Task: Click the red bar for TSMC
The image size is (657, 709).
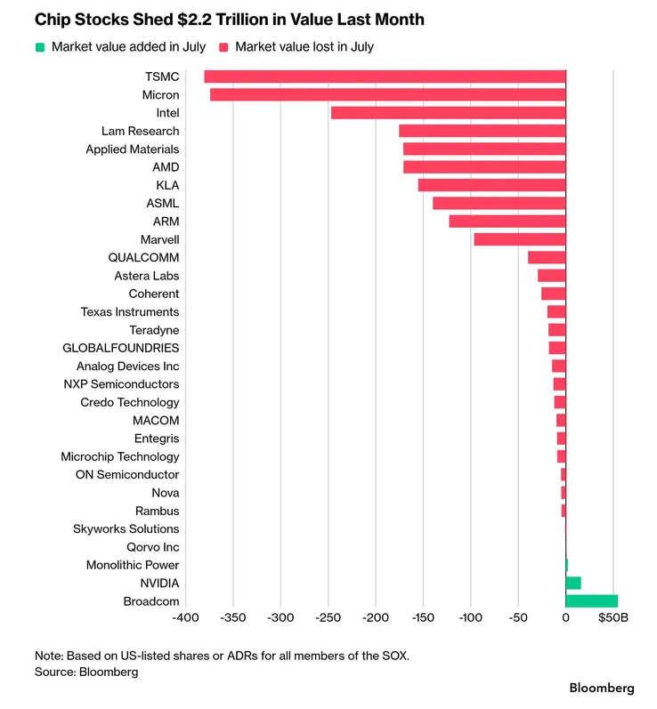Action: coord(385,77)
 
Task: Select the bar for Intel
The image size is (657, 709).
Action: coord(449,113)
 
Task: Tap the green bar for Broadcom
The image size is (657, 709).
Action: coord(592,601)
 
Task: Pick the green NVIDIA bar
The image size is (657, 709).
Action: coord(573,583)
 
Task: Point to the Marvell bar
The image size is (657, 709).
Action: coord(520,239)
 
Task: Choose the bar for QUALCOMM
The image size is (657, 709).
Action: coord(547,257)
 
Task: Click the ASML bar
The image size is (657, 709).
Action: coord(499,203)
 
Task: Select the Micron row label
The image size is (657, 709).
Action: coord(160,95)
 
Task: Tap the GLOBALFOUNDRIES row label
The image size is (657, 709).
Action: coord(121,348)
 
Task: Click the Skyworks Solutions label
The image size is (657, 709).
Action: coord(126,528)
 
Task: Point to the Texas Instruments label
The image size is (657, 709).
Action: coord(130,311)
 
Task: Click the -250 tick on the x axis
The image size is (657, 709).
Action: coord(328,617)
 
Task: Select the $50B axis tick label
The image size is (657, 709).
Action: coord(613,617)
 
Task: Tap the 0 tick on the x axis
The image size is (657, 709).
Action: coord(565,617)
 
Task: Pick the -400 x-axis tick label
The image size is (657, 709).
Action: coord(185,617)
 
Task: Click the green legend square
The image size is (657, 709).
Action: coord(40,47)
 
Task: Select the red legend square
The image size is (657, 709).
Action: coord(223,47)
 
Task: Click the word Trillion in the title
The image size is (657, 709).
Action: coord(242,20)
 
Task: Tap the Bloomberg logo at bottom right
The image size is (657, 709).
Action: coord(602,689)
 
